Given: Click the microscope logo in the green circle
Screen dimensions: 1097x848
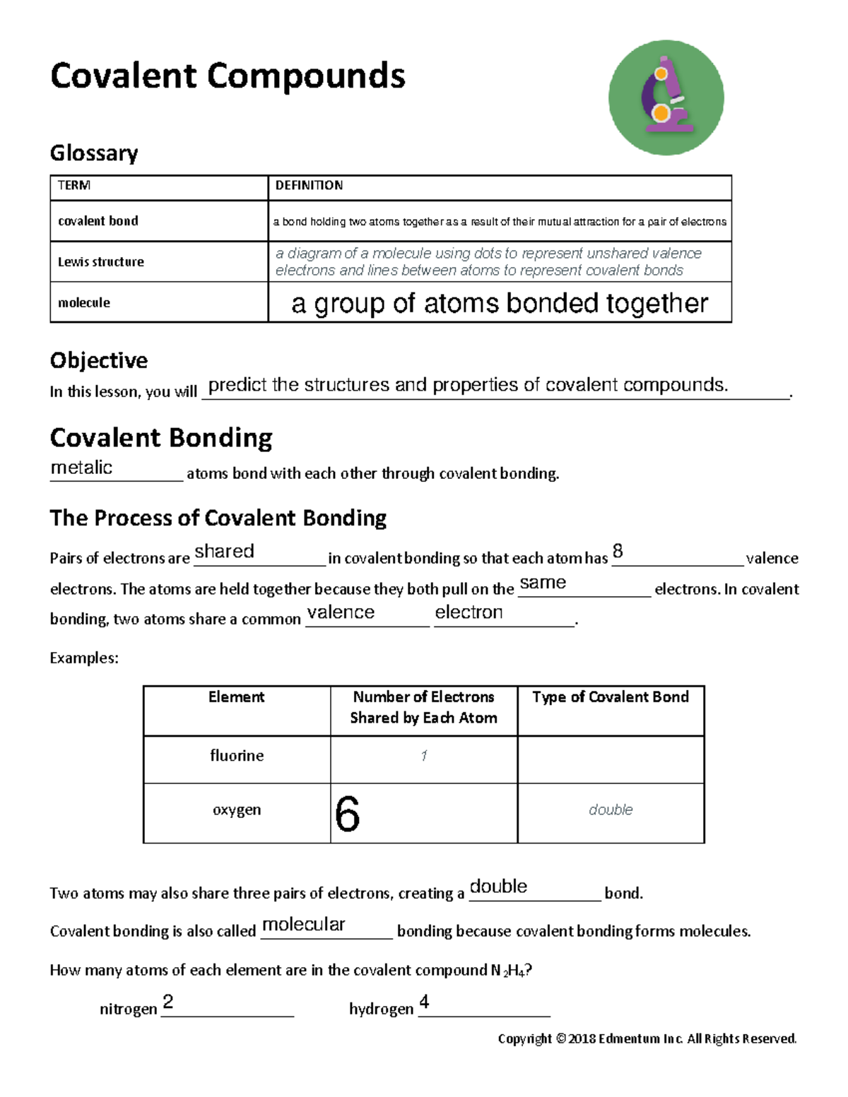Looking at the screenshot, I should [666, 97].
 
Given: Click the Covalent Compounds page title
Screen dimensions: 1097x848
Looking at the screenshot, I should [228, 76].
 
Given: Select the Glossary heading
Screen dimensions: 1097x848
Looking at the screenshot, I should [94, 153].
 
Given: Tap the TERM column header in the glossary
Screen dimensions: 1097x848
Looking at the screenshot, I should [74, 186].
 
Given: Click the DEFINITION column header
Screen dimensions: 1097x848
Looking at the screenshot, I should [309, 186].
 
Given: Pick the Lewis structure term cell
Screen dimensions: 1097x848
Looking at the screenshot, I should [101, 262].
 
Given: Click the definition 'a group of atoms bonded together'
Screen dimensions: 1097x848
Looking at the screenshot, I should [499, 303].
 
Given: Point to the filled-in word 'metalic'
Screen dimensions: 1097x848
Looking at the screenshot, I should [81, 468].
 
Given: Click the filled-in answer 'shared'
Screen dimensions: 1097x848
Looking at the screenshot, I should [224, 552].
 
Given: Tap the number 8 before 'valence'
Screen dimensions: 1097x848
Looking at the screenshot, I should [618, 551].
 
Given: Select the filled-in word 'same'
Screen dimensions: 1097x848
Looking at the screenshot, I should [543, 583].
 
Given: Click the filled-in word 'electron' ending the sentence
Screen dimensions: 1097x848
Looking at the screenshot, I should [469, 612].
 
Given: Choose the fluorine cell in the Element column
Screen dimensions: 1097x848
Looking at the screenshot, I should [237, 756].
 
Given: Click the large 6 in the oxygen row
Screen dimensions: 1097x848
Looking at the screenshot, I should [348, 814].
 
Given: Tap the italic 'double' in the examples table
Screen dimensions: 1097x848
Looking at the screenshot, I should [611, 810].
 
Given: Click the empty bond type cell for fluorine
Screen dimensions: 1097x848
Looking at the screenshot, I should [611, 759].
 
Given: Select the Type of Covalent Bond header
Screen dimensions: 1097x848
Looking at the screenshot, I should [611, 697].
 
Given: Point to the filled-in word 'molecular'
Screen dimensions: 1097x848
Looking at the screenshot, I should [303, 925].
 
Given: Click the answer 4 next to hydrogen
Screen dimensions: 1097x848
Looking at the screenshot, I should [424, 1002].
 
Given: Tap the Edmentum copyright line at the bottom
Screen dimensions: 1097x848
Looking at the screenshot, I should [647, 1038].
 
